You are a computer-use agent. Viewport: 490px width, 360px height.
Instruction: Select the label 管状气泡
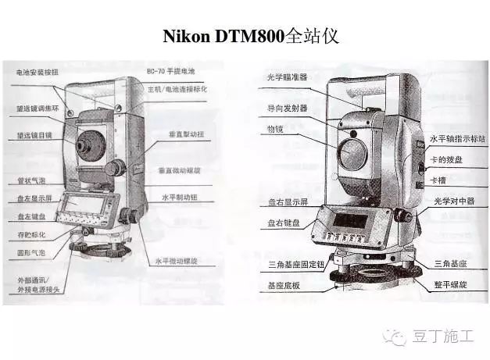click(30, 179)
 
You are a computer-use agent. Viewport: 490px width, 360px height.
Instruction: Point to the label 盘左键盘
click(30, 216)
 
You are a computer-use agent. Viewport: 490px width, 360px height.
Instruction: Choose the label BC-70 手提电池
click(170, 71)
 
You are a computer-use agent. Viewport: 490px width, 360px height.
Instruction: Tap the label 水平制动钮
click(179, 196)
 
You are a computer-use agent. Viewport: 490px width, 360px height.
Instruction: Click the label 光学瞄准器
click(287, 77)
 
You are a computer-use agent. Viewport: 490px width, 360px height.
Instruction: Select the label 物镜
click(274, 127)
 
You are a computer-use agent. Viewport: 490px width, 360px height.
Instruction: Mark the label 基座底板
click(284, 285)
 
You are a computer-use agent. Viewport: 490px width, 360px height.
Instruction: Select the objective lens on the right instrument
click(353, 153)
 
